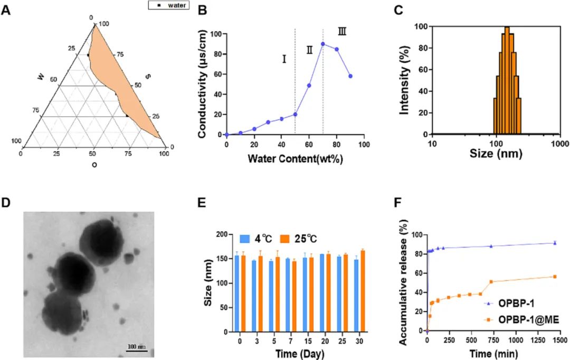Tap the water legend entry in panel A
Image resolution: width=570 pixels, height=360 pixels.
(x=168, y=5)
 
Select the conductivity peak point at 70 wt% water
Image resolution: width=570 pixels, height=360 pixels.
(x=323, y=44)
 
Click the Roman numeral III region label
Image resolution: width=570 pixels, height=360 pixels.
(x=342, y=32)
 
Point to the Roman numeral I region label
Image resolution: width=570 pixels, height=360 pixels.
(x=284, y=59)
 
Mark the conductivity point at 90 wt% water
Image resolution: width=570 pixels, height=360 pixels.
(x=350, y=76)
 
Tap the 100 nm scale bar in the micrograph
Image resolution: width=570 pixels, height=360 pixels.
(x=136, y=347)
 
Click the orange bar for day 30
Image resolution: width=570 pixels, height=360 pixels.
(x=362, y=291)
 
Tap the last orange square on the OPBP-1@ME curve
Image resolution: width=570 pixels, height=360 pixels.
(x=555, y=277)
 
